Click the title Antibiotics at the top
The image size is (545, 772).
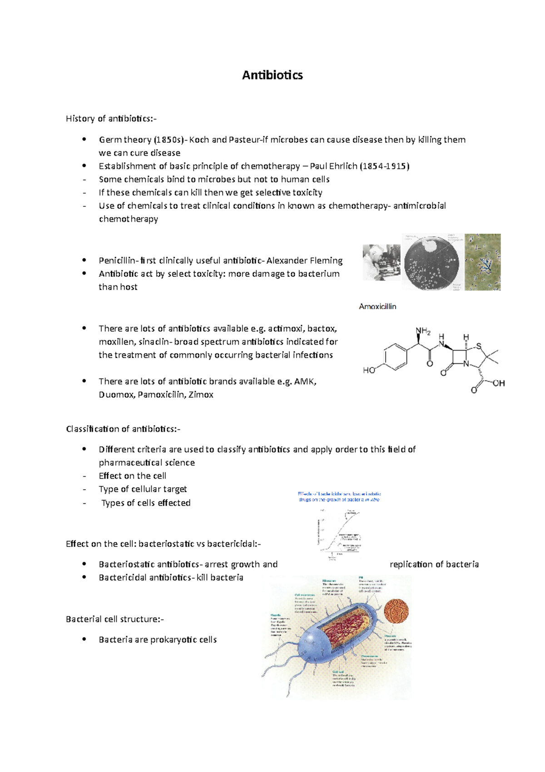click(x=272, y=75)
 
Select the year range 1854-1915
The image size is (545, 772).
click(x=384, y=166)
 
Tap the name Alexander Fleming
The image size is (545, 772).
click(x=304, y=261)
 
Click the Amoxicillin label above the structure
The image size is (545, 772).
click(x=377, y=306)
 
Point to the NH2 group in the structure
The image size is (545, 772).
click(x=422, y=331)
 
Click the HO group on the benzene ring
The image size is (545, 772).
click(x=369, y=370)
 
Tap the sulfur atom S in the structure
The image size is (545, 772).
click(x=478, y=346)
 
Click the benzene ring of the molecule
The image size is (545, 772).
click(x=396, y=356)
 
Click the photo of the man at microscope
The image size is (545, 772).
click(x=381, y=262)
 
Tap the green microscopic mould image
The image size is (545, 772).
click(x=482, y=262)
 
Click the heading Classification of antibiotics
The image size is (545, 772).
click(x=123, y=429)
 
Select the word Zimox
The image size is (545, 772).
click(x=201, y=395)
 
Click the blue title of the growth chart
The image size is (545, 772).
click(x=339, y=496)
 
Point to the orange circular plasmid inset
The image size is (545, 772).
click(x=396, y=611)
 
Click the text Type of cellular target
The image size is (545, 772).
click(x=143, y=489)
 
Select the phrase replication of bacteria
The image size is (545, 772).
click(x=434, y=564)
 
